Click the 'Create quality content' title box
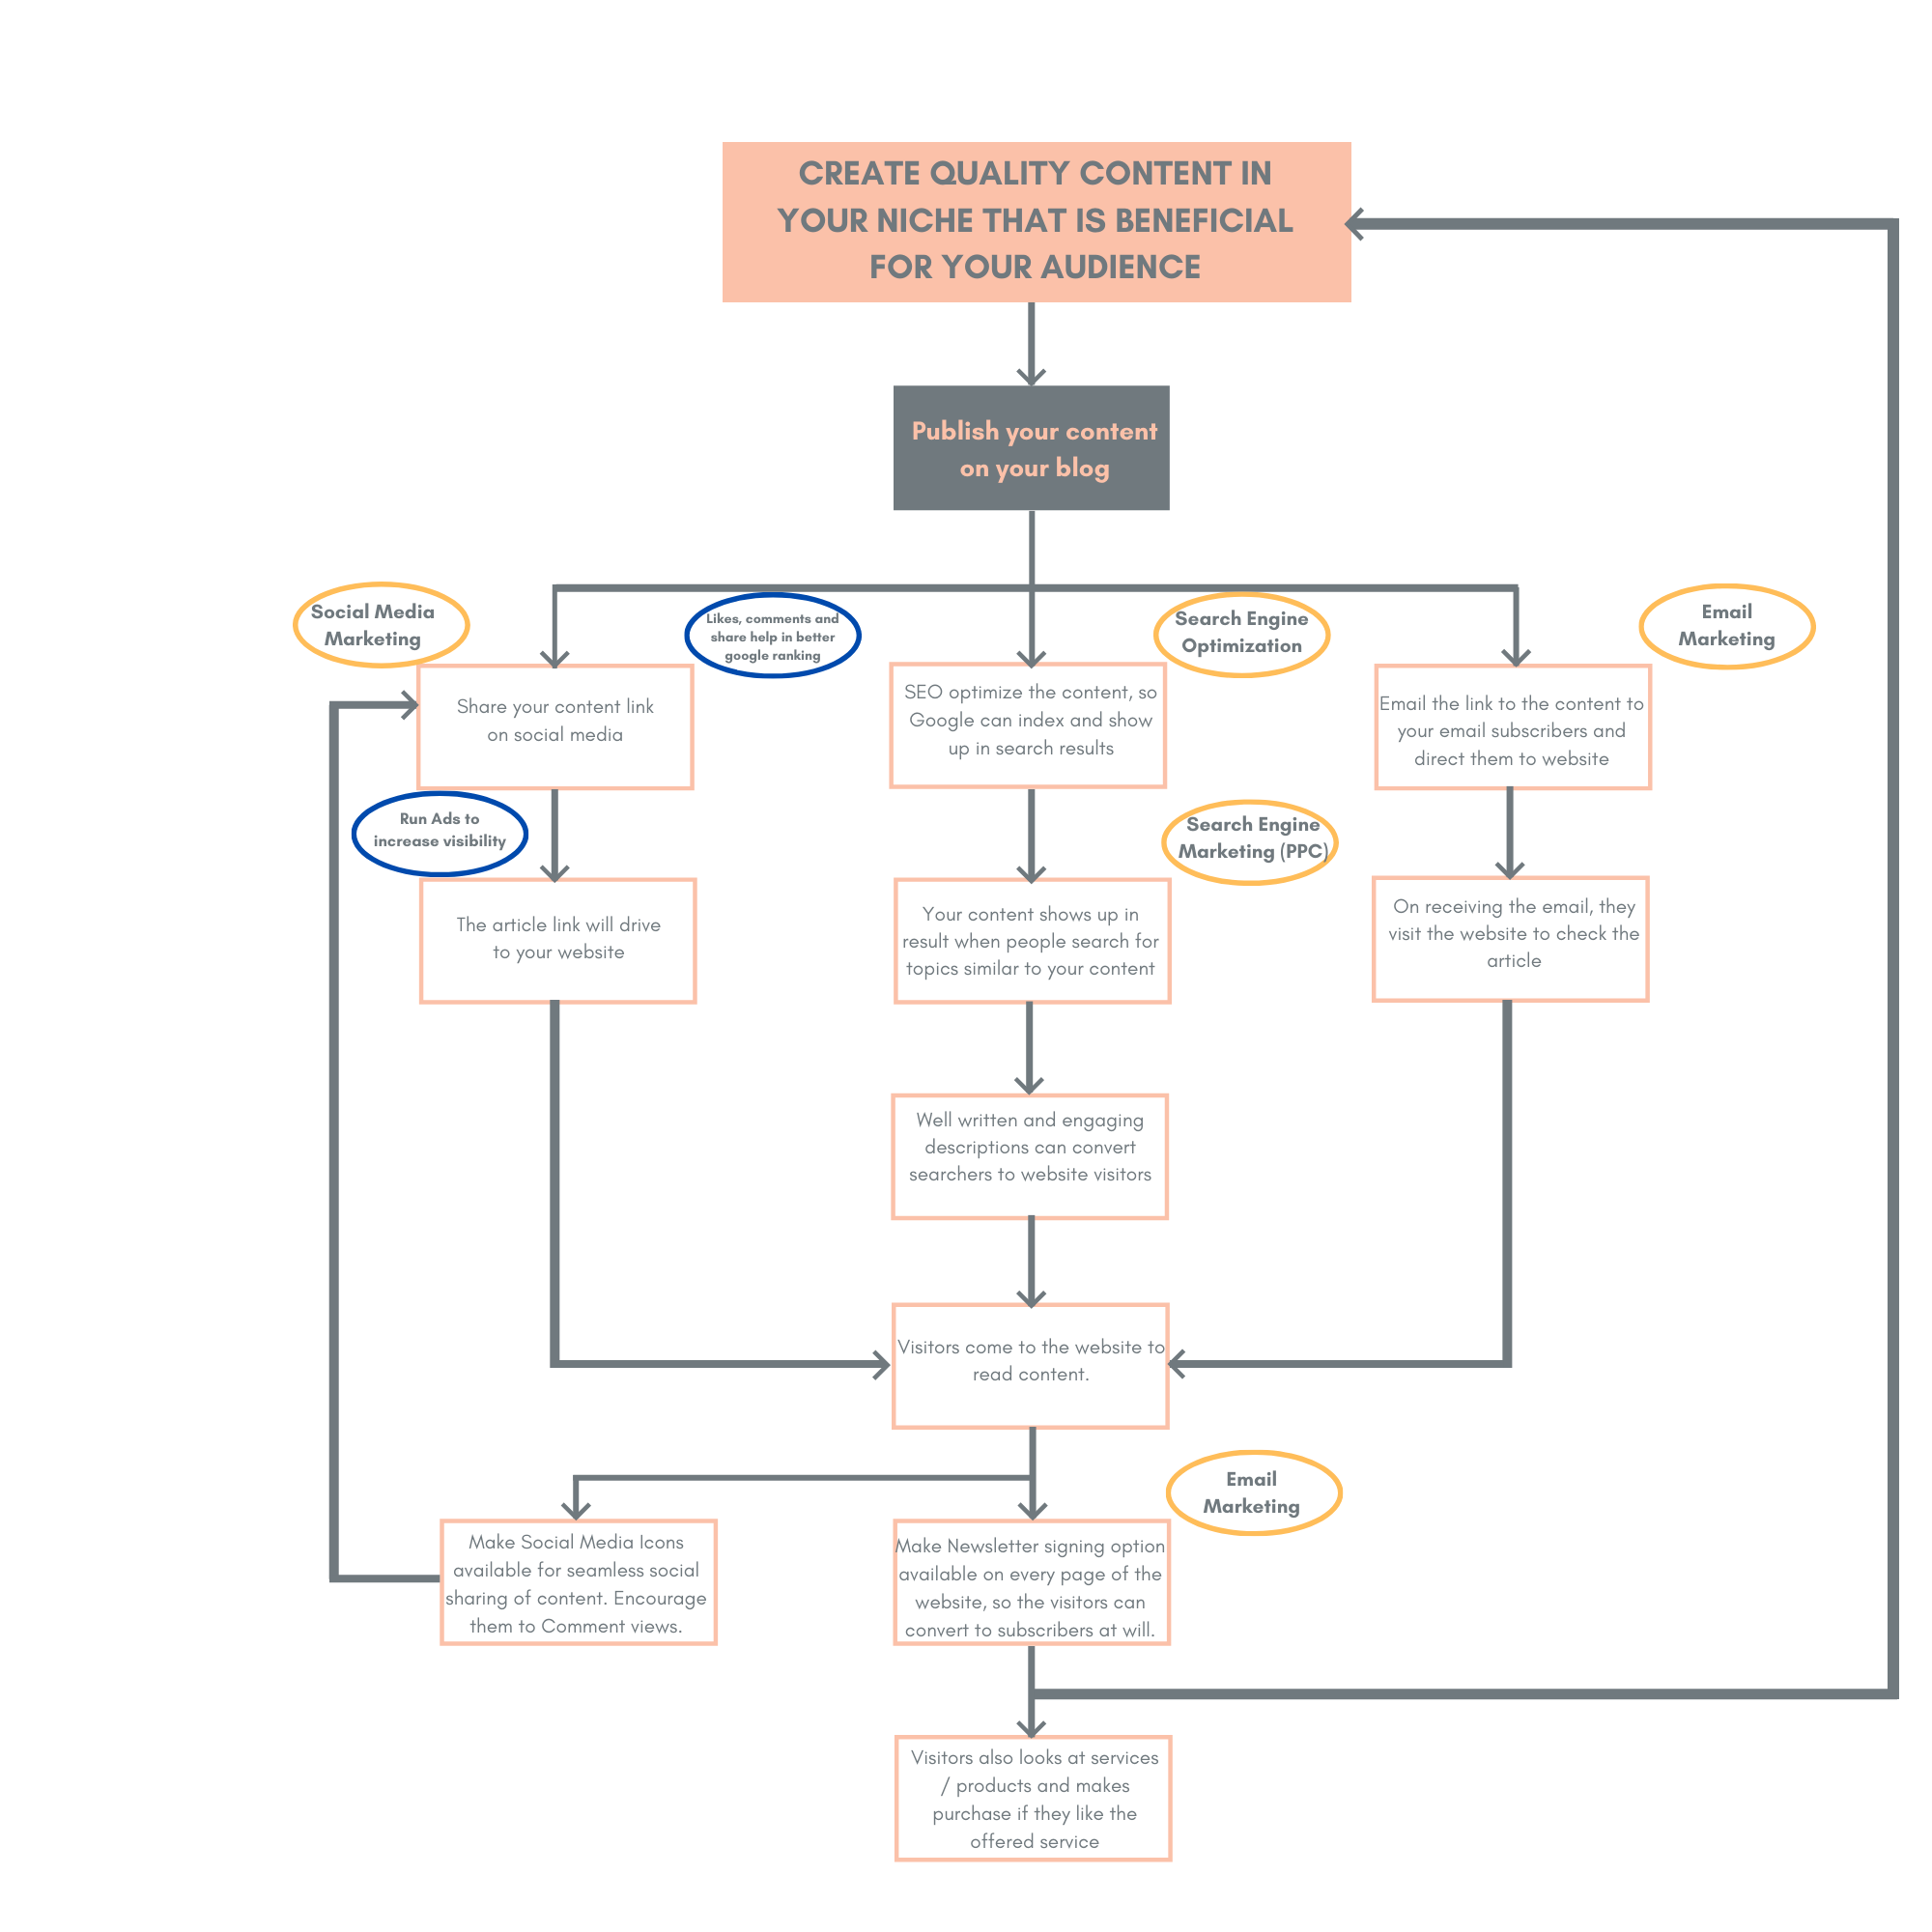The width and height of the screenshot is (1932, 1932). pos(1036,221)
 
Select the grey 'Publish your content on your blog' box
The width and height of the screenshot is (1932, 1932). pos(1031,447)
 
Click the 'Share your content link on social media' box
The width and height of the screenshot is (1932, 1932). pos(555,727)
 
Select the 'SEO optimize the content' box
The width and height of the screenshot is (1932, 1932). pos(1028,725)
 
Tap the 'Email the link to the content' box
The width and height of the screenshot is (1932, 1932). pos(1513,727)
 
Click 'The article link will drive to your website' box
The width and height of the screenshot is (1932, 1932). pos(558,941)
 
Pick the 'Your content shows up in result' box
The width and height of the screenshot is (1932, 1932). pos(1032,941)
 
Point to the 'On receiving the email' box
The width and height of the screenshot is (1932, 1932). pos(1511,939)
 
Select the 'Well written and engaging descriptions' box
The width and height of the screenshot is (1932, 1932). pos(1030,1157)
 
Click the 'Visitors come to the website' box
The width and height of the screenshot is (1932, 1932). pos(1031,1366)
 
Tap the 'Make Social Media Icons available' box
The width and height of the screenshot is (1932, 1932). pos(579,1583)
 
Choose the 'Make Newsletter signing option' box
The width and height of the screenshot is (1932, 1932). pos(1032,1583)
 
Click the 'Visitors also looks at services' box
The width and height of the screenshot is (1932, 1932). pos(1033,1798)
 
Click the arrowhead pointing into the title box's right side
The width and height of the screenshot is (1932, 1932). pos(1355,224)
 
